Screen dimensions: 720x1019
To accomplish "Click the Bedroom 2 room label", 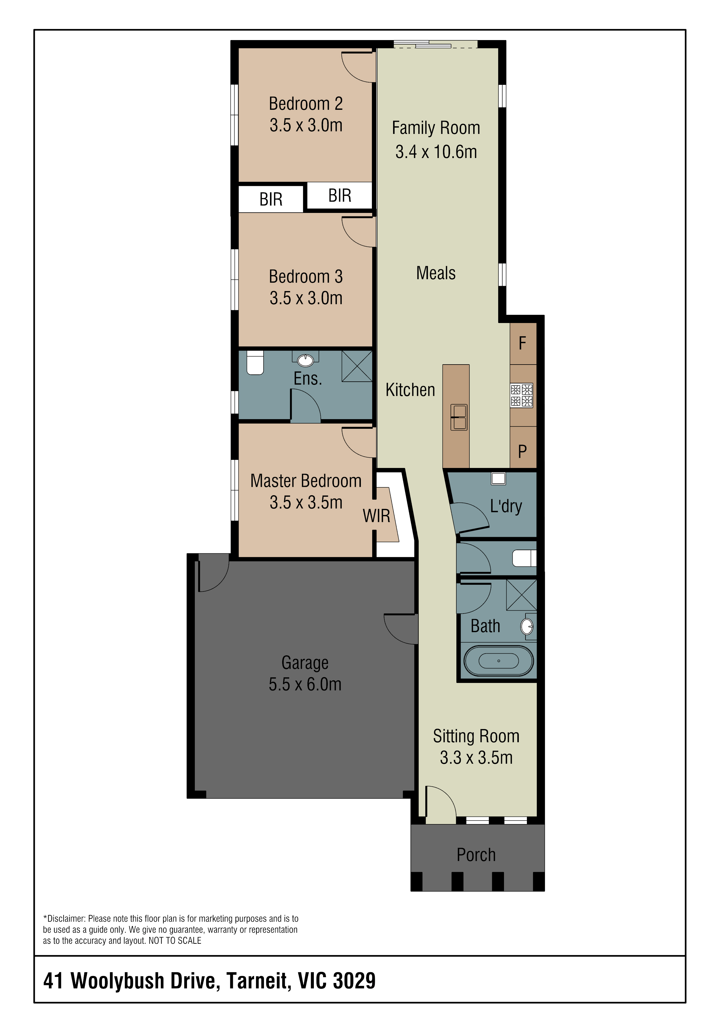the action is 306,104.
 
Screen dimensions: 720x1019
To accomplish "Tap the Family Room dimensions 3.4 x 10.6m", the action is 436,152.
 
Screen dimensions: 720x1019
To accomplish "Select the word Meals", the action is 436,273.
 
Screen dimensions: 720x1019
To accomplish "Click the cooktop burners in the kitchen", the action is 521,395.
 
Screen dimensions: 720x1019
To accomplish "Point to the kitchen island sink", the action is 459,417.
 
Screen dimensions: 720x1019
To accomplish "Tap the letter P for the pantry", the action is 522,451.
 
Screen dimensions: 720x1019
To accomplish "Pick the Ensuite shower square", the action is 357,366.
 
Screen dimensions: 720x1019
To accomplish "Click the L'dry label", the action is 506,506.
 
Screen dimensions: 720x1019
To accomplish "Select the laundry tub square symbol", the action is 498,478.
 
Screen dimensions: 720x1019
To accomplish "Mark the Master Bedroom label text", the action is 306,481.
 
